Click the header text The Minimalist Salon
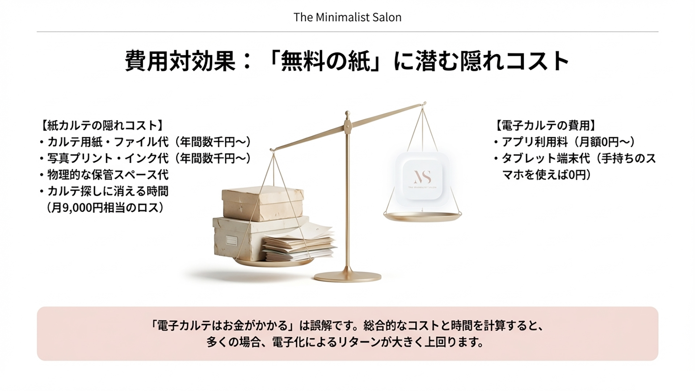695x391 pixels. pyautogui.click(x=347, y=17)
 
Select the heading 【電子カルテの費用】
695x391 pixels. pyautogui.click(x=545, y=126)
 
